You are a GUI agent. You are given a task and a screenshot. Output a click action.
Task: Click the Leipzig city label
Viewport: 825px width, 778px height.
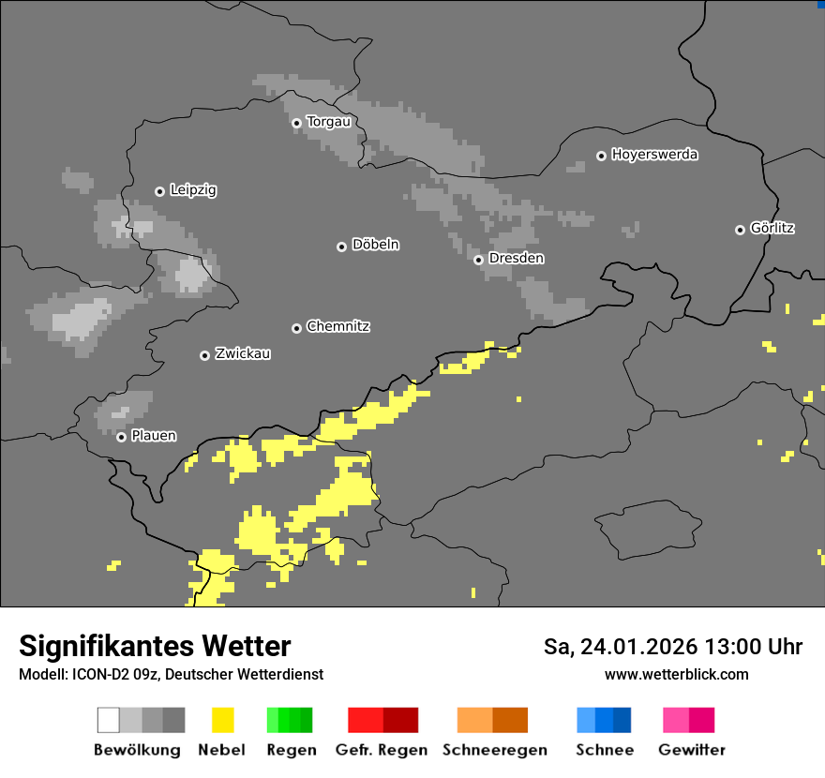click(193, 190)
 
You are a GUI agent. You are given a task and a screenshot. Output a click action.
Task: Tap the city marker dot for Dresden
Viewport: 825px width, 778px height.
click(478, 260)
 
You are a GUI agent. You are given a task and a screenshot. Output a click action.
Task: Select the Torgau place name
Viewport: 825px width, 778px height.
click(328, 122)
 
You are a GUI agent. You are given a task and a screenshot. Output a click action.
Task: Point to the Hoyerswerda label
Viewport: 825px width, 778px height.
click(654, 155)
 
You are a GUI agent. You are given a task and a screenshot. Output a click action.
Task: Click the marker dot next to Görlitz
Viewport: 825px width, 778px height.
click(740, 230)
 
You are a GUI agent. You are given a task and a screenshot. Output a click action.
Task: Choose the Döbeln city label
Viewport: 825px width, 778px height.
click(375, 245)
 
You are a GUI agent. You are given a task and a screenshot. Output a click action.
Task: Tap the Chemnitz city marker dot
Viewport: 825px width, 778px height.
click(296, 328)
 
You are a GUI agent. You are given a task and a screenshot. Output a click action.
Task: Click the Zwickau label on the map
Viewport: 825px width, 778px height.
click(243, 354)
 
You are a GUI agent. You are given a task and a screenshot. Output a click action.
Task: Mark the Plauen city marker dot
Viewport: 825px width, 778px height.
click(121, 437)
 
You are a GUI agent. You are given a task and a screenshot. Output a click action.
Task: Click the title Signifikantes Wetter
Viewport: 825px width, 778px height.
click(155, 647)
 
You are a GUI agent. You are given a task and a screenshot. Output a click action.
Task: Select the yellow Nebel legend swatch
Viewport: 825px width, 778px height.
click(222, 720)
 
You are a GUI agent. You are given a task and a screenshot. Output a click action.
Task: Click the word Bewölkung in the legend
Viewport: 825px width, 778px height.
click(137, 750)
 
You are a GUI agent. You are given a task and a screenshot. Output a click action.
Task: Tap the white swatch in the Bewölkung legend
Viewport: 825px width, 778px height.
click(109, 720)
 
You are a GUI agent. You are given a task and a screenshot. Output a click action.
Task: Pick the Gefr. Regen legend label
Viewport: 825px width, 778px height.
click(382, 750)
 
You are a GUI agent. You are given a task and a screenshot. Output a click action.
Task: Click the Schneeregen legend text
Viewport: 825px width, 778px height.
click(494, 750)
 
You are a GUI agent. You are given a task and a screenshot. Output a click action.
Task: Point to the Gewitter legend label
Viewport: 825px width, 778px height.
click(691, 750)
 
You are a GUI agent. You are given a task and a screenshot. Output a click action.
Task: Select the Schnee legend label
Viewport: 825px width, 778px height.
click(605, 750)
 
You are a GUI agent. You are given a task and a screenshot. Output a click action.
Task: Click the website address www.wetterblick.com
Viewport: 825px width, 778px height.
click(676, 675)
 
